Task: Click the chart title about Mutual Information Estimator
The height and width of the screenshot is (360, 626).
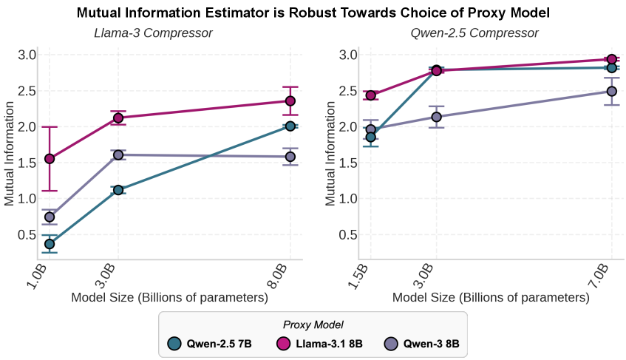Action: pyautogui.click(x=313, y=13)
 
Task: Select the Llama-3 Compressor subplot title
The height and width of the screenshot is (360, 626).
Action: pyautogui.click(x=153, y=33)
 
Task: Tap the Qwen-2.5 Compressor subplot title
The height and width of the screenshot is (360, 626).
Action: pyautogui.click(x=474, y=33)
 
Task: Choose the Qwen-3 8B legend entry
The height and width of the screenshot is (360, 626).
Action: pyautogui.click(x=426, y=344)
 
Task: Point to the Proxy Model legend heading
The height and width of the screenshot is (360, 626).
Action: pyautogui.click(x=313, y=325)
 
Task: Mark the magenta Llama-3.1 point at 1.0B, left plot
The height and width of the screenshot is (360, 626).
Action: pyautogui.click(x=50, y=159)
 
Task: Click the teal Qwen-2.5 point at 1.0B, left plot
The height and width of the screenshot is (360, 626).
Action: pyautogui.click(x=50, y=244)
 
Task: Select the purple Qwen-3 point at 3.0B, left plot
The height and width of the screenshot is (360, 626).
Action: pyautogui.click(x=118, y=155)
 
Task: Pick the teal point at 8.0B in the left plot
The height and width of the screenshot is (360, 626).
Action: pyautogui.click(x=290, y=126)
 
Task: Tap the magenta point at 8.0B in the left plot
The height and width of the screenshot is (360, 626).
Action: pyautogui.click(x=290, y=101)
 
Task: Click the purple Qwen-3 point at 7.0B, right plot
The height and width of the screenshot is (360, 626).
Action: pyautogui.click(x=612, y=92)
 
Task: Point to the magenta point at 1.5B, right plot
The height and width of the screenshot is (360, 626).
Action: pyautogui.click(x=371, y=95)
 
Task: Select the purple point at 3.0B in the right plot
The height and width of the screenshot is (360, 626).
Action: pyautogui.click(x=436, y=117)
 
